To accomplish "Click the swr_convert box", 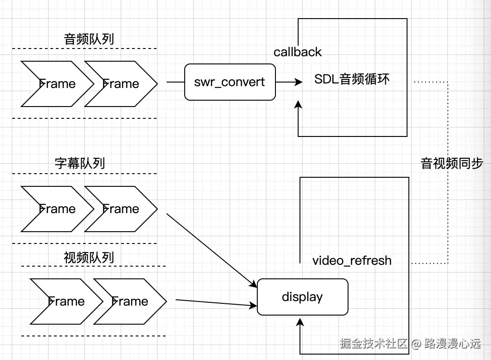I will [230, 82].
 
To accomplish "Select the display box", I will [302, 297].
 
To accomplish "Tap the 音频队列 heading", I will [89, 39].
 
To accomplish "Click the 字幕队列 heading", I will [80, 163].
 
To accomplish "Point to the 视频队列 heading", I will [89, 258].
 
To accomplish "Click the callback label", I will [297, 52].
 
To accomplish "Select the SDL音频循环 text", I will [352, 79].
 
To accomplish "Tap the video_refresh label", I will [352, 261].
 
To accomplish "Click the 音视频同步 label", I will [452, 163].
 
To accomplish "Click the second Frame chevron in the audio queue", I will [120, 84].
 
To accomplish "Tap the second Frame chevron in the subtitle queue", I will [120, 209].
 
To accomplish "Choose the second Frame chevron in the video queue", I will [129, 302].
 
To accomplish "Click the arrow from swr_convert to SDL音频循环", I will [289, 82].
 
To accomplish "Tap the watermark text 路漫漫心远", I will [452, 343].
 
